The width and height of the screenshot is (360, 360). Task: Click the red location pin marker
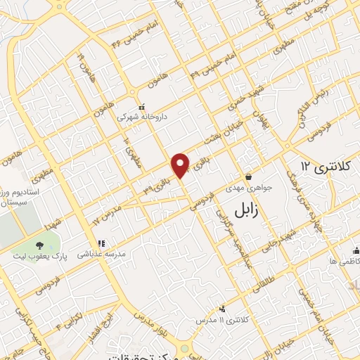tap(181, 165)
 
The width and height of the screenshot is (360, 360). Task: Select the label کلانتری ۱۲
tap(324, 167)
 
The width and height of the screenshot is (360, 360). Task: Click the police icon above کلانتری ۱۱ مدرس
tap(223, 309)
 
